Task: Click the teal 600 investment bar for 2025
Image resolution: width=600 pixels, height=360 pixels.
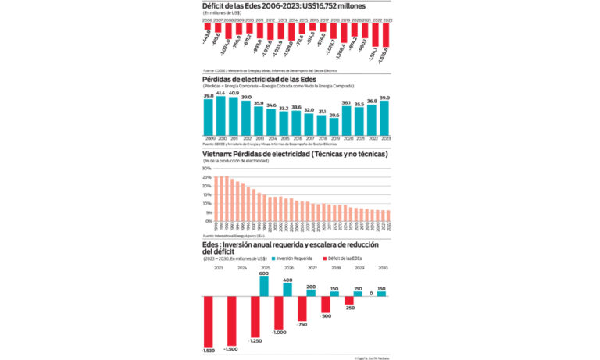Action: click(263, 287)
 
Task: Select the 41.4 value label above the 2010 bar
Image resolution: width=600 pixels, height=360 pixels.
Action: click(221, 93)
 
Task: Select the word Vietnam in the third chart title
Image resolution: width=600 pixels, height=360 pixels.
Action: click(219, 154)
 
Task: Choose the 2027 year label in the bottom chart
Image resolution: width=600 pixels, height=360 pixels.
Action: click(312, 267)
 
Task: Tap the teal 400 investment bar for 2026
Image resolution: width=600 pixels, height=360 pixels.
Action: click(287, 290)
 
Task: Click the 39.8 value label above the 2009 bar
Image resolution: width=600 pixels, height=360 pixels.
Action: click(209, 95)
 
